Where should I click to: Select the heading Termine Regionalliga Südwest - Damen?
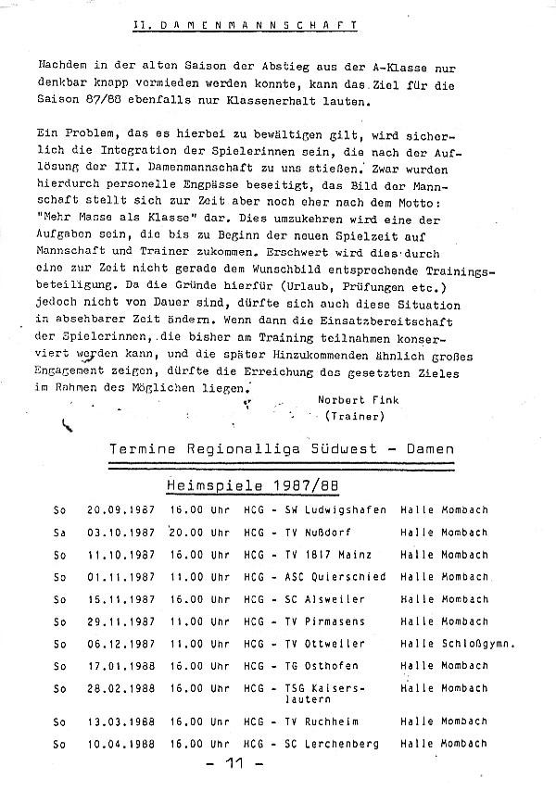coord(282,449)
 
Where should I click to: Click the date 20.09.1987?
coord(119,510)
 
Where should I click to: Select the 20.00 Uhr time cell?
coord(199,533)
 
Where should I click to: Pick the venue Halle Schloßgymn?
coord(458,644)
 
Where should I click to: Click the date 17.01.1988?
coord(119,666)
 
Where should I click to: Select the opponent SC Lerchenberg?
coord(333,745)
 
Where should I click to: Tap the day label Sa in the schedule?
coord(59,533)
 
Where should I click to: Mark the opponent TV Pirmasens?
coord(323,621)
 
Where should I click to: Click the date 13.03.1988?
coord(119,722)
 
